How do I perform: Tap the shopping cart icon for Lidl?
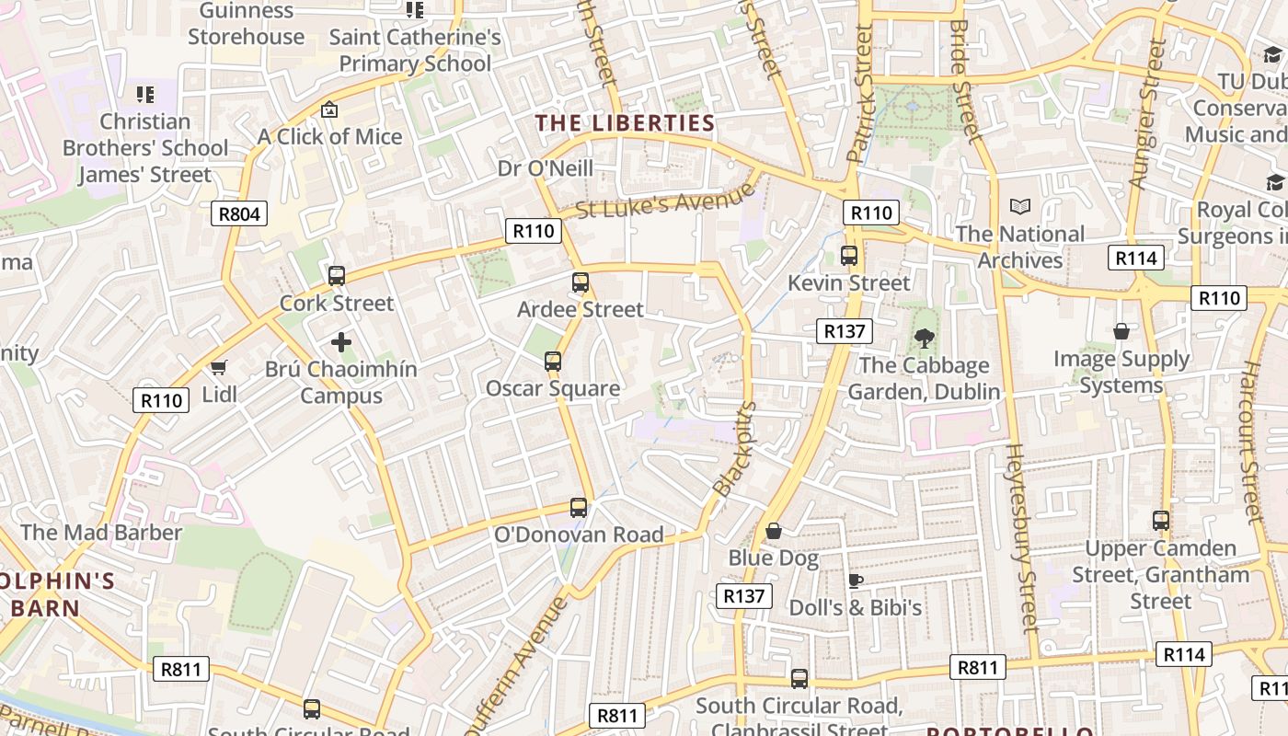click(x=219, y=368)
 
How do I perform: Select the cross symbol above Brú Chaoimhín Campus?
click(x=341, y=342)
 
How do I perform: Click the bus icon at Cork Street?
click(x=337, y=275)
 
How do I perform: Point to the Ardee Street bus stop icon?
click(x=581, y=282)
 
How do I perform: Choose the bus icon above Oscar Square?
click(x=553, y=362)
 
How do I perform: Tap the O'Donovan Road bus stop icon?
click(x=579, y=507)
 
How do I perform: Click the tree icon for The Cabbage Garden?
click(x=924, y=339)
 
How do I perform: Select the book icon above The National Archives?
click(x=1019, y=207)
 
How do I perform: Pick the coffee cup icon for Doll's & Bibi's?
click(x=855, y=581)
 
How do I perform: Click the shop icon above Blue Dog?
click(x=774, y=531)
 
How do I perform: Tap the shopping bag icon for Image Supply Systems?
click(x=1121, y=331)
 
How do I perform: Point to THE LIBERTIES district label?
click(x=626, y=123)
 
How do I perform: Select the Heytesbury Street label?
click(x=1022, y=538)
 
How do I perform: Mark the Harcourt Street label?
click(x=1252, y=442)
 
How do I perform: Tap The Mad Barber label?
click(x=101, y=532)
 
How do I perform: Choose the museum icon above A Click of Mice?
click(x=329, y=109)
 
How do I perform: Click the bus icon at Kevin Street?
click(x=849, y=256)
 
